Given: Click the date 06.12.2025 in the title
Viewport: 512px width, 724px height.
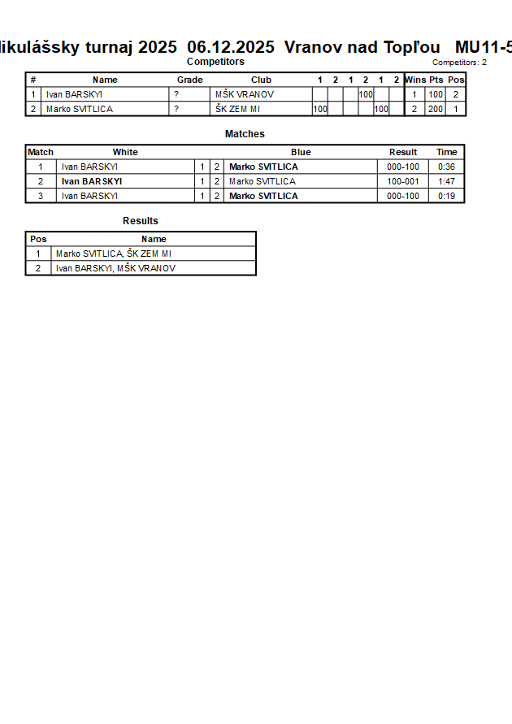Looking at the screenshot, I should (x=230, y=47).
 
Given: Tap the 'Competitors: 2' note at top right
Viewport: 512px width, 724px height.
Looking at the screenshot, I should (x=459, y=63).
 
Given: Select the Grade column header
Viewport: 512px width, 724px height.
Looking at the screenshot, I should (x=189, y=80).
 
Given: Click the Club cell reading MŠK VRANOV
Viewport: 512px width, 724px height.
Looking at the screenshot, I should (x=245, y=94).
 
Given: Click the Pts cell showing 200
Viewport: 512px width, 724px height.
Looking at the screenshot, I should (x=436, y=109).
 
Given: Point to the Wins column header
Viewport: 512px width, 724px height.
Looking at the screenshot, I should (x=415, y=80).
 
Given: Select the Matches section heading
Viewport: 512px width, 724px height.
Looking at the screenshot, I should (x=245, y=134).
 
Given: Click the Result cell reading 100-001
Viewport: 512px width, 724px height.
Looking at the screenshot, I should (x=403, y=181).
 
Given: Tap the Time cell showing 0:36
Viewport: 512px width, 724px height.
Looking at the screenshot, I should (x=446, y=167).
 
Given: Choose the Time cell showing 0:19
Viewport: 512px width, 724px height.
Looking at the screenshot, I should (x=446, y=196).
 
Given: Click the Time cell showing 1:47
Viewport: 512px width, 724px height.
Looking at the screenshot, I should (x=446, y=181).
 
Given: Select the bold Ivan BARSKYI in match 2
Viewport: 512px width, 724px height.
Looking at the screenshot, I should (x=92, y=181).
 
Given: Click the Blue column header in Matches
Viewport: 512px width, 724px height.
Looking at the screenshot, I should (x=301, y=152).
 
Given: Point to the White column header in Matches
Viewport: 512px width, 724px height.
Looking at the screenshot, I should (x=125, y=152).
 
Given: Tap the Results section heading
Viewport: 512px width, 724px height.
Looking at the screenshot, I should (x=141, y=221).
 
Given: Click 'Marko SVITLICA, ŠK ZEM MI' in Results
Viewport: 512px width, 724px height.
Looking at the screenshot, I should (x=114, y=254).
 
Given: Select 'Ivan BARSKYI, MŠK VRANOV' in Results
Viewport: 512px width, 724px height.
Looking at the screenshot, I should (x=115, y=268).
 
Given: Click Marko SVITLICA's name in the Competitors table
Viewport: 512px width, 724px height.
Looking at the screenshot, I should (x=80, y=109).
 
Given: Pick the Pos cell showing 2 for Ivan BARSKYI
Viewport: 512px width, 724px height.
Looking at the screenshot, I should (x=455, y=94).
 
